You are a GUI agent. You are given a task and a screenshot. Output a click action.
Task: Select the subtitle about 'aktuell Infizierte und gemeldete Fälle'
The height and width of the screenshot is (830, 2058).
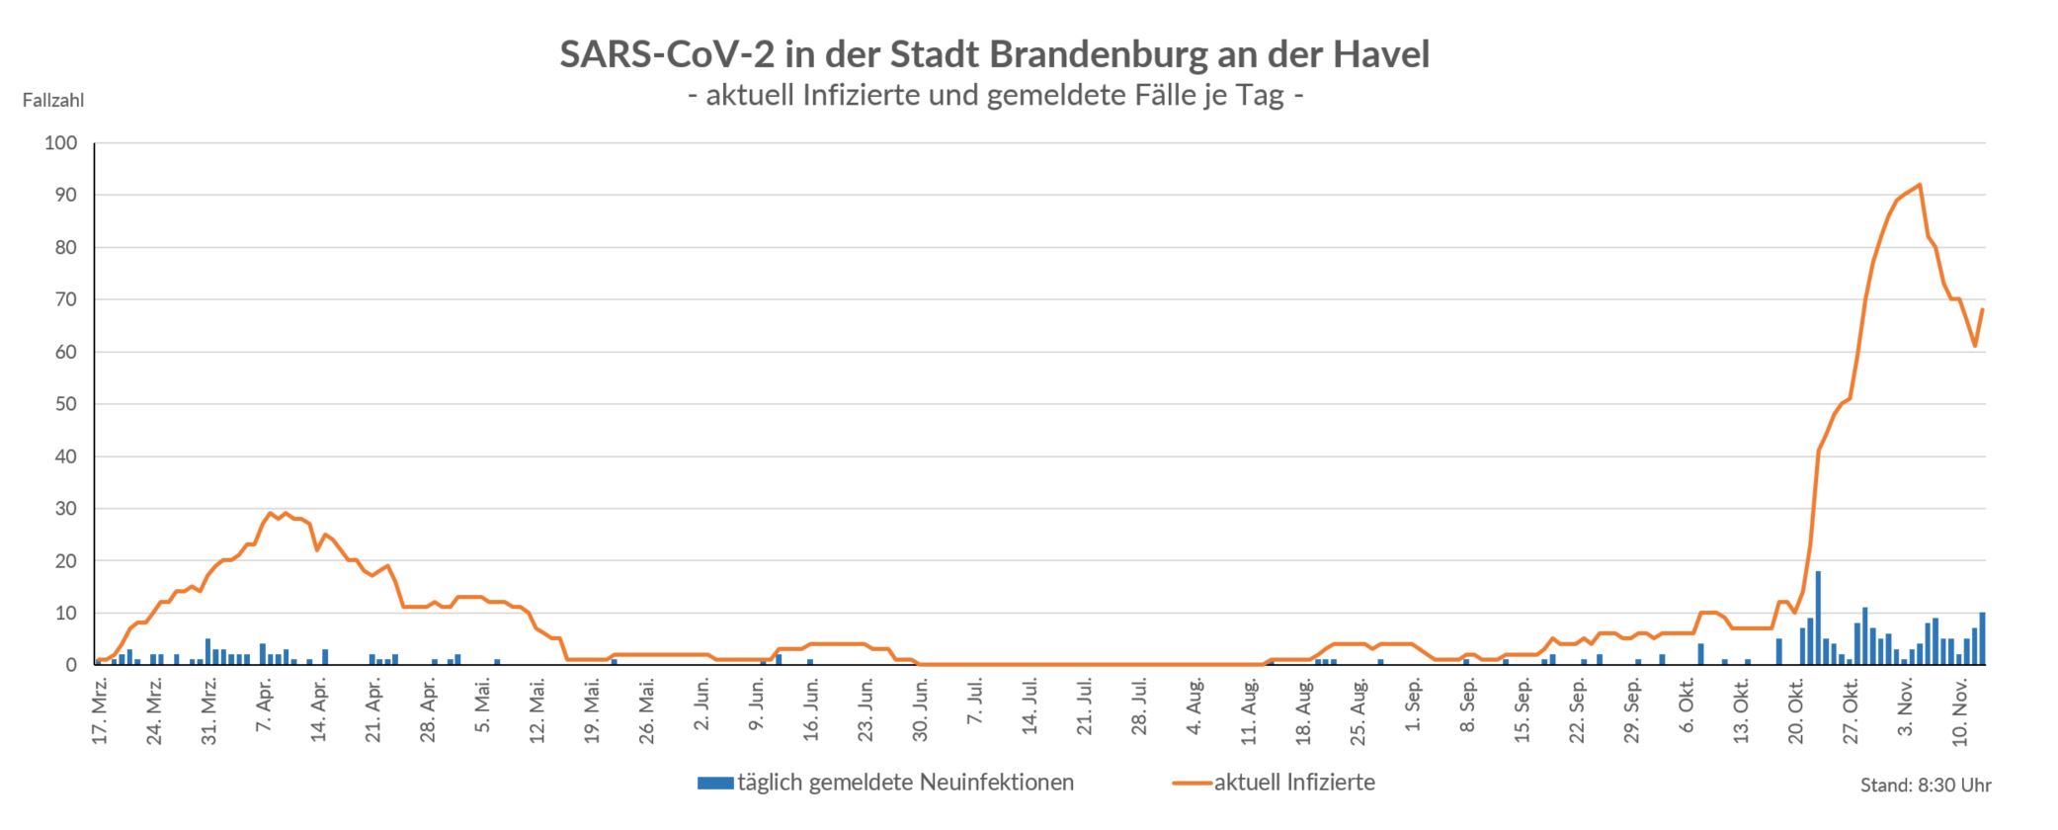click(x=994, y=96)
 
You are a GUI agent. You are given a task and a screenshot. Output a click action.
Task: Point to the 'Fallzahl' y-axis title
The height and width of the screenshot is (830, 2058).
click(x=52, y=100)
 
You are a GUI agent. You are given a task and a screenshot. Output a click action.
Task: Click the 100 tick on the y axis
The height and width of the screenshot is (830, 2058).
click(x=60, y=143)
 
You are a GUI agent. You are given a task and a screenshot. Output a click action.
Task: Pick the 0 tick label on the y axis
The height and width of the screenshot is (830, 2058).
click(x=71, y=665)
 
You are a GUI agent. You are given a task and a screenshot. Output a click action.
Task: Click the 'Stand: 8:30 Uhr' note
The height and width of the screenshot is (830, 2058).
click(x=1926, y=787)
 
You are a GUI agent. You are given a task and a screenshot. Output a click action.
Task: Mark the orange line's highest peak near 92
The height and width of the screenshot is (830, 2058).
click(x=1919, y=185)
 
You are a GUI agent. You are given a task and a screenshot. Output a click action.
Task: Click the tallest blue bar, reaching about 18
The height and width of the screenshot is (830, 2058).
click(x=1818, y=619)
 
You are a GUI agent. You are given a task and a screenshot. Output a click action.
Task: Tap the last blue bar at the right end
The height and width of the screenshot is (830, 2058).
click(x=1982, y=639)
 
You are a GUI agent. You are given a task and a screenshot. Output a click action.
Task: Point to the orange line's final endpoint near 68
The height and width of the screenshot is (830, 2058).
click(x=1982, y=310)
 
